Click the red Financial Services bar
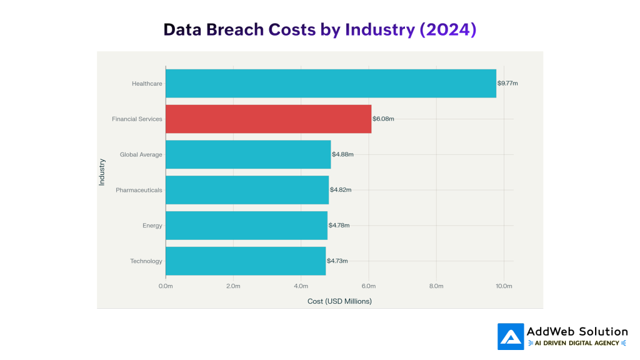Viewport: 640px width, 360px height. tap(268, 119)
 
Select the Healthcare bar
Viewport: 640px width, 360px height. tap(331, 83)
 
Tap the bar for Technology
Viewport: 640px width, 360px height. tap(246, 261)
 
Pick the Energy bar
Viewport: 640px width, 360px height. tap(246, 226)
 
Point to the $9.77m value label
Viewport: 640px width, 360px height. tap(507, 83)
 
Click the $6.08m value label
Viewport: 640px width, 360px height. tap(383, 119)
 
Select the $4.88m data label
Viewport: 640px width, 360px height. tap(342, 154)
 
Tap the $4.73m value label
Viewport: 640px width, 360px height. tap(337, 261)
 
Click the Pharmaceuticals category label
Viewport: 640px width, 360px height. tap(139, 190)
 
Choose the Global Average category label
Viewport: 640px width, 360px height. tap(141, 154)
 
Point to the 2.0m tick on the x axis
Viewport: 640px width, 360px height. tap(233, 286)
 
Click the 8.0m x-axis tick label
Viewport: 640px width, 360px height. tap(436, 286)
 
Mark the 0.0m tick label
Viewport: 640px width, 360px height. tap(166, 286)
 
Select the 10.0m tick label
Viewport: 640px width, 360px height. tap(504, 286)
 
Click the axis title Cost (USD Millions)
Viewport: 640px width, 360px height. tap(339, 301)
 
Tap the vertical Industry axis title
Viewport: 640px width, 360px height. tap(102, 172)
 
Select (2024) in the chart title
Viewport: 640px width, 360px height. tap(447, 30)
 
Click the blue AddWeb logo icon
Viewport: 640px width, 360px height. tap(511, 336)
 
